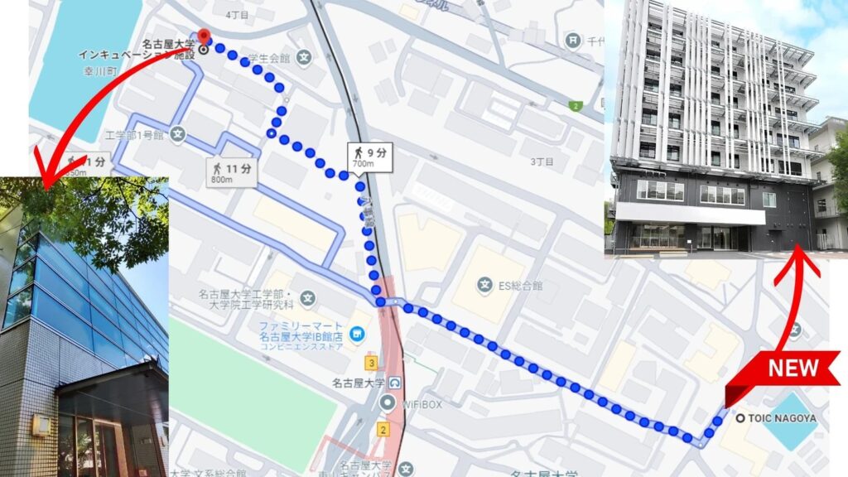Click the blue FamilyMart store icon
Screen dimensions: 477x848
point(356,335)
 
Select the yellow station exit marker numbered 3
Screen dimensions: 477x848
point(373,363)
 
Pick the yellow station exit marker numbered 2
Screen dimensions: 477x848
point(383,429)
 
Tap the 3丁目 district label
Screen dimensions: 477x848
point(541,161)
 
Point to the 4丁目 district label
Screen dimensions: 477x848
point(238,14)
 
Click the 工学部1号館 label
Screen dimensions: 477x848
point(134,134)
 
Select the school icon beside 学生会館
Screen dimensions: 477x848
point(304,59)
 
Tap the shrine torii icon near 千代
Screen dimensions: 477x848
point(571,39)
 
